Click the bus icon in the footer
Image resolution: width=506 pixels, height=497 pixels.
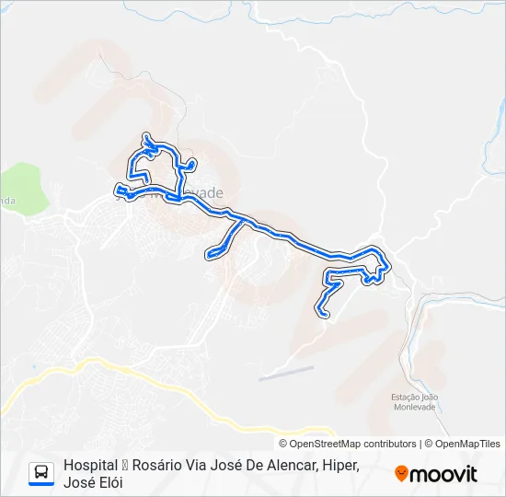click(41, 473)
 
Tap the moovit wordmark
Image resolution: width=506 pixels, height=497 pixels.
click(443, 474)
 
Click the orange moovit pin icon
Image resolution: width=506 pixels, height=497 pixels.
click(401, 474)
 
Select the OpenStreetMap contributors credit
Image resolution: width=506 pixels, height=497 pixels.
click(353, 444)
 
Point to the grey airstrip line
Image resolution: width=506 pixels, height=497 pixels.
click(285, 373)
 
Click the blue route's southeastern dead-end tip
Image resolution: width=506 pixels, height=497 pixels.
click(321, 313)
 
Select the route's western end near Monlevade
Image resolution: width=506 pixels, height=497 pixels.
click(118, 191)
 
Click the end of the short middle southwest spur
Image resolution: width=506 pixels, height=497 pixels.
click(212, 253)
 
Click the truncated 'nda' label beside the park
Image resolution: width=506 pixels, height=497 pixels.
click(7, 200)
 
